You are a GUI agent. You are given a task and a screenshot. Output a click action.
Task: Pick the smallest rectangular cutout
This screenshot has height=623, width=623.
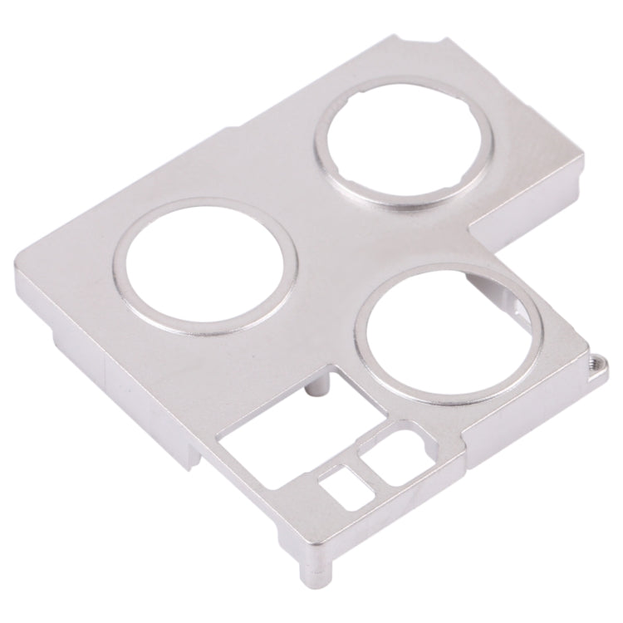click(x=338, y=491)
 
